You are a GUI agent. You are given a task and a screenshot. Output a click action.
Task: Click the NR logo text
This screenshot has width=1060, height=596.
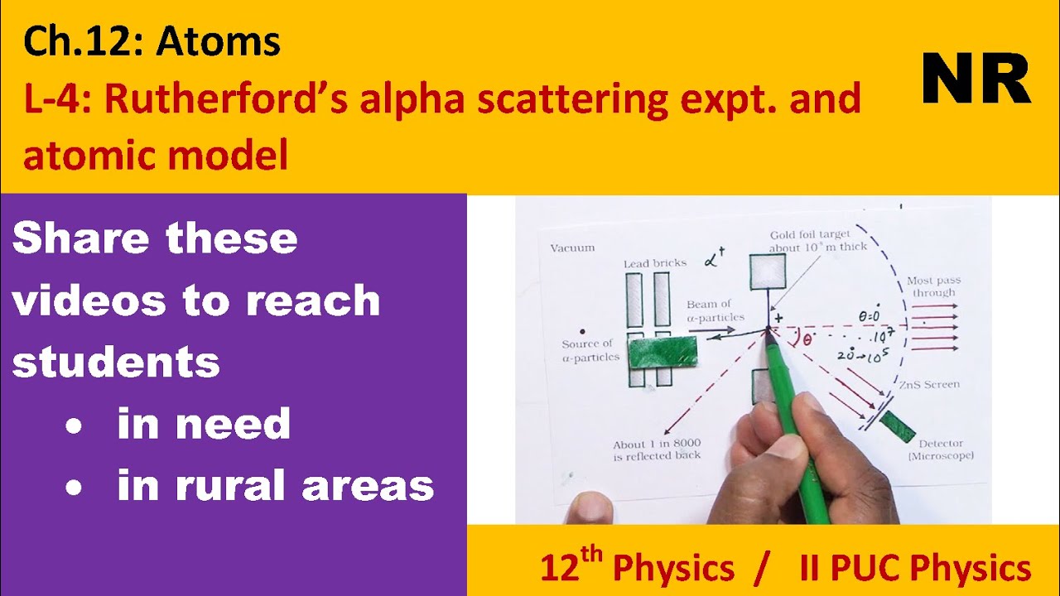(x=976, y=79)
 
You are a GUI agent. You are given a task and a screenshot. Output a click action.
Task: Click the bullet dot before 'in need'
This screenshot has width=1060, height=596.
(x=75, y=425)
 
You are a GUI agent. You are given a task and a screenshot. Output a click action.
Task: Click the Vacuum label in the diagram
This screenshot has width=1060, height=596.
(x=572, y=248)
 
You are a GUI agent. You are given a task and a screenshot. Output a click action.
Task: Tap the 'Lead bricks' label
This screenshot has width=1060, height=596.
(x=655, y=263)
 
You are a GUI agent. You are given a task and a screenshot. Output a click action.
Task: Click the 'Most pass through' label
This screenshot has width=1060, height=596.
(x=933, y=286)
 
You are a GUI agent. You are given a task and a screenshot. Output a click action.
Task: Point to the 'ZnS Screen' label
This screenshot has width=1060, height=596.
(x=930, y=385)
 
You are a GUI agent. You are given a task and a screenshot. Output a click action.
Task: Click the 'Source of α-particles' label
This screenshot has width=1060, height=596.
(x=586, y=350)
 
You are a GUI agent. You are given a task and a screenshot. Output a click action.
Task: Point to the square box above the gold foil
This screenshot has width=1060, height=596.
(x=768, y=272)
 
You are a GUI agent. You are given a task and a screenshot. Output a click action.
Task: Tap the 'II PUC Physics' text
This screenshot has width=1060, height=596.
(x=915, y=569)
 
